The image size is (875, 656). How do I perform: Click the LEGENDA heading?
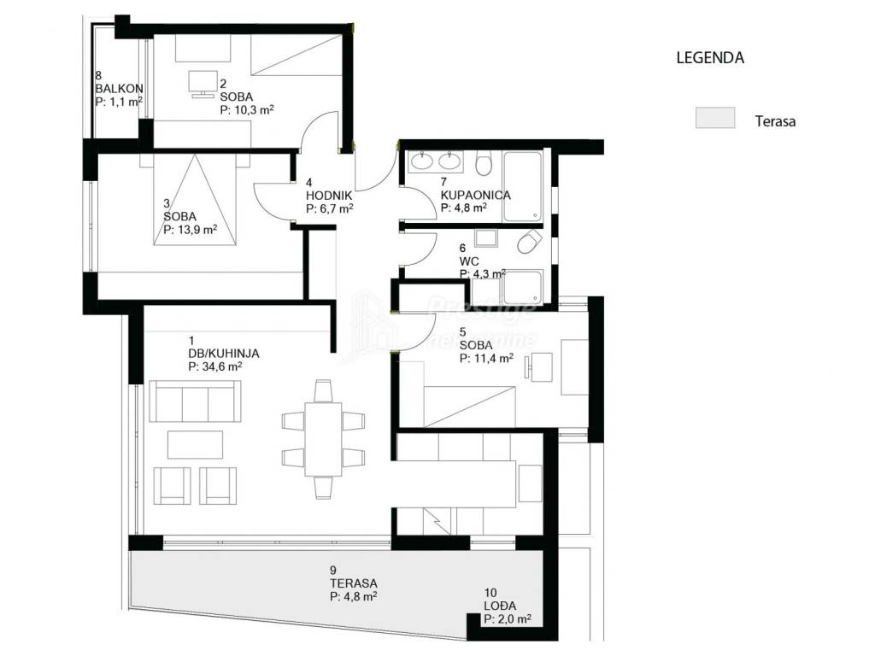710,57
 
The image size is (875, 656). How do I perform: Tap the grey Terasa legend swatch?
715,118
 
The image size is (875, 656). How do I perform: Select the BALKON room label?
120,88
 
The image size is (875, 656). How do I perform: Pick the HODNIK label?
329,196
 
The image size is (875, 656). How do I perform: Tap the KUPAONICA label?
475,195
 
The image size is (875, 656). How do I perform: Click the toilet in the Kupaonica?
484,163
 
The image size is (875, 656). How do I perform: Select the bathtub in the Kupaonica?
522,186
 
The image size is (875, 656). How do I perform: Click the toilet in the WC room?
530,242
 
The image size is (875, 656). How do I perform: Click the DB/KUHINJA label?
224,353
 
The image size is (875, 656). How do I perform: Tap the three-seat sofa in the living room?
196,401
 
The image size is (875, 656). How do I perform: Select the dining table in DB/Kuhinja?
323,439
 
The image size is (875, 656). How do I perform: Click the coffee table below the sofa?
196,444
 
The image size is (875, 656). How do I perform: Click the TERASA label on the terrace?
353,583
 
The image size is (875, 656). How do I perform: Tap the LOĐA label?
500,606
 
